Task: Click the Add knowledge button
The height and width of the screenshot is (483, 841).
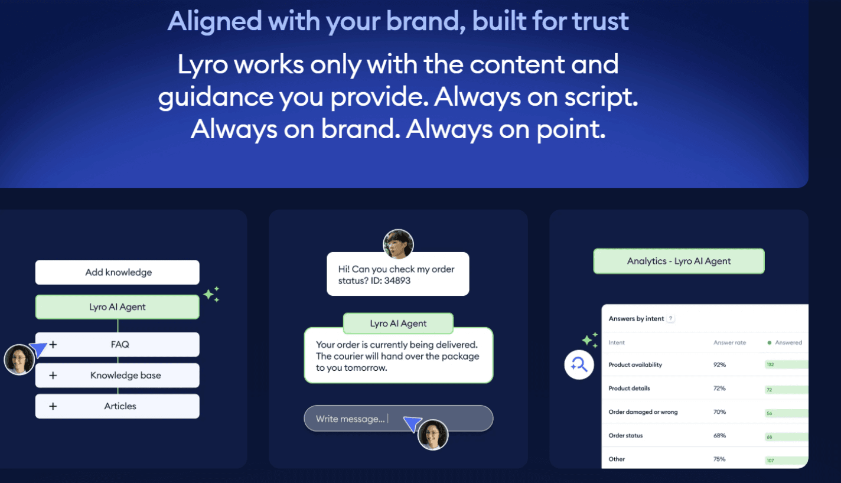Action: pyautogui.click(x=118, y=272)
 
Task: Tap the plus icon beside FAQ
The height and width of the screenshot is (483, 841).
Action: pyautogui.click(x=53, y=344)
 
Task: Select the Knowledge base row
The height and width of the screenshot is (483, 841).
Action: pyautogui.click(x=118, y=376)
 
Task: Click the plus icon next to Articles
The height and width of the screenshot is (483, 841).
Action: pyautogui.click(x=53, y=406)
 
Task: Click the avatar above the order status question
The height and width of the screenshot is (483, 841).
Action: pyautogui.click(x=398, y=244)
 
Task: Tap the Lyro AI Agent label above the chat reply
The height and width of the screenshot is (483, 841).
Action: pyautogui.click(x=398, y=324)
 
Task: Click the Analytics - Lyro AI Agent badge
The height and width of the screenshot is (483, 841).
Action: pyautogui.click(x=679, y=261)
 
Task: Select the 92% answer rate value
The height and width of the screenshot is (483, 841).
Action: pyautogui.click(x=719, y=365)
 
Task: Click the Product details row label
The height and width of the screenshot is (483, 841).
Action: pyautogui.click(x=629, y=389)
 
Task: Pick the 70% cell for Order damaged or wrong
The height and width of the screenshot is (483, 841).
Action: pyautogui.click(x=719, y=412)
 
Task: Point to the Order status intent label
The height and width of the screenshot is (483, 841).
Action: pyautogui.click(x=625, y=436)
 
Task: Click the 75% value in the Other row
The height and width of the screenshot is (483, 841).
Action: pyautogui.click(x=719, y=459)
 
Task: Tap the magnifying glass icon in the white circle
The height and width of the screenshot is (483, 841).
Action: pyautogui.click(x=579, y=365)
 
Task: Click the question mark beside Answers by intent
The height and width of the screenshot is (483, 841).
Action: pyautogui.click(x=671, y=319)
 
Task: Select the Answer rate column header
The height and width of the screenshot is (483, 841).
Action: pyautogui.click(x=729, y=342)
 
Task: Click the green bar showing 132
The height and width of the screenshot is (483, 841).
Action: pyautogui.click(x=785, y=365)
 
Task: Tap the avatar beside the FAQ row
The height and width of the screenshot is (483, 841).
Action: pyautogui.click(x=19, y=360)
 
